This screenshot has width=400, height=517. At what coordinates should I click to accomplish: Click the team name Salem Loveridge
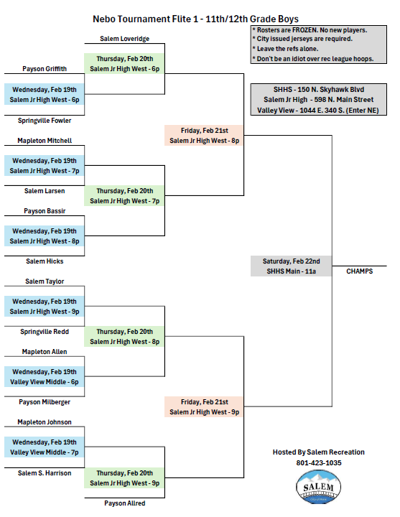(x=125, y=39)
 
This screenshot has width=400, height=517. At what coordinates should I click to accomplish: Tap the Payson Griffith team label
(x=45, y=69)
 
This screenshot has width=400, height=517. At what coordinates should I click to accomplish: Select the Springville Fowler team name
(x=45, y=121)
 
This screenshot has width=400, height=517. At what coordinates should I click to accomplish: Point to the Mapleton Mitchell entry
(x=45, y=141)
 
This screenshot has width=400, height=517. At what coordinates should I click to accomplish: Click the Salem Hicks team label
(x=45, y=261)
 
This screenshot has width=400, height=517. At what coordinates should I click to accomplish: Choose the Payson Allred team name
(x=125, y=503)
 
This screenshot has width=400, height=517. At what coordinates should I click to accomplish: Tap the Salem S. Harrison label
(x=45, y=472)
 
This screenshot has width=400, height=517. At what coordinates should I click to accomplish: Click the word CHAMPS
(x=360, y=271)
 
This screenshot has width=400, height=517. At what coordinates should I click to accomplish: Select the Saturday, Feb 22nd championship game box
(x=291, y=266)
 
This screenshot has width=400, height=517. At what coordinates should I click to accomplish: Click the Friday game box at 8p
(x=204, y=135)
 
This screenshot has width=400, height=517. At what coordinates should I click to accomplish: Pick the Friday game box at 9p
(x=204, y=407)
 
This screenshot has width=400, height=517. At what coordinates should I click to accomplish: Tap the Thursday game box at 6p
(x=125, y=64)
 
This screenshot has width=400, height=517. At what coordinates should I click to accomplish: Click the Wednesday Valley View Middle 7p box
(x=45, y=447)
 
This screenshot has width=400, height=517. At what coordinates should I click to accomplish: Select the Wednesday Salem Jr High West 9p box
(x=45, y=307)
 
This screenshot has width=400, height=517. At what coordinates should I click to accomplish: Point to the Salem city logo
(x=319, y=487)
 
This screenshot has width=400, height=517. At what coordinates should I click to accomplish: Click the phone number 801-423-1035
(x=319, y=463)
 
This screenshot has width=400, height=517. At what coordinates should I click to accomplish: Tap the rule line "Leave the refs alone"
(x=286, y=49)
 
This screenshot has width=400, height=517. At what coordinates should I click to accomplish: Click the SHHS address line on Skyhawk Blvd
(x=319, y=89)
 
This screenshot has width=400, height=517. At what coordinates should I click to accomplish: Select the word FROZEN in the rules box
(x=305, y=30)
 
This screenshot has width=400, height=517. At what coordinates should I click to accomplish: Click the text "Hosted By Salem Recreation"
(x=319, y=452)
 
